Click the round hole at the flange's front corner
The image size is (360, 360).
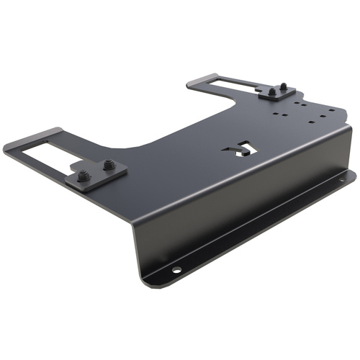tap(176, 271)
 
